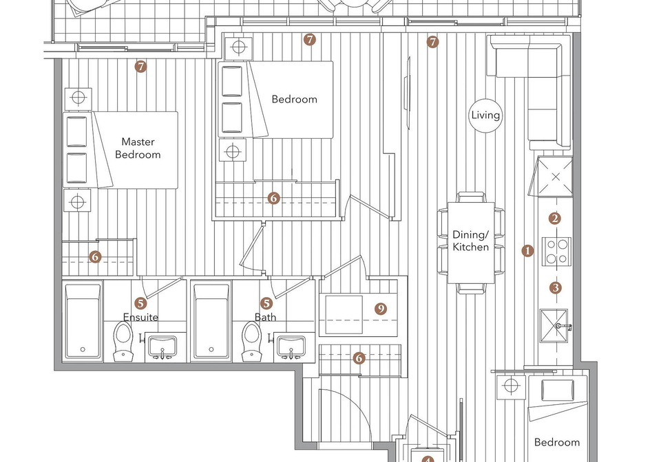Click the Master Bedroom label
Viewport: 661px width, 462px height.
tap(138, 148)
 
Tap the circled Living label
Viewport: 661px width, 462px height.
tap(485, 115)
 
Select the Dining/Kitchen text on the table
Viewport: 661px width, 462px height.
tap(471, 241)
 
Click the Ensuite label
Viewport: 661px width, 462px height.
tap(140, 317)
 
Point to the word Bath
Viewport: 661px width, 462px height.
tap(266, 317)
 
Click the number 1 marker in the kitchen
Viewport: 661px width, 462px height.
tap(527, 251)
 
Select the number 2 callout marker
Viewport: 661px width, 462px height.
tap(555, 219)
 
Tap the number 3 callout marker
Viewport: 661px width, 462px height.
tap(556, 288)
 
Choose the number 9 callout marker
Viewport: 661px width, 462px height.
tap(381, 309)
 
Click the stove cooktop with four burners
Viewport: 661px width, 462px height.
tap(556, 251)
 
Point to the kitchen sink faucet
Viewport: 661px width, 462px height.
tap(563, 326)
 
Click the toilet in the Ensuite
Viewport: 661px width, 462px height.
tap(123, 341)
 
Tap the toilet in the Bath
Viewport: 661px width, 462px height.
tap(251, 341)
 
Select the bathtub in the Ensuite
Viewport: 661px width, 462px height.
tap(83, 320)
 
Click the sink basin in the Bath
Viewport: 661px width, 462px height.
tap(291, 345)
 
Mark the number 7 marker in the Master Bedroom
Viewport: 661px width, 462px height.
tap(140, 67)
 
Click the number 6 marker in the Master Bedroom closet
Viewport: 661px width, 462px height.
tap(95, 256)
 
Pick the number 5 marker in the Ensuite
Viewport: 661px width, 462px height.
tap(140, 303)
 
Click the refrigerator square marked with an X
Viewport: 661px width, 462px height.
tap(556, 177)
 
